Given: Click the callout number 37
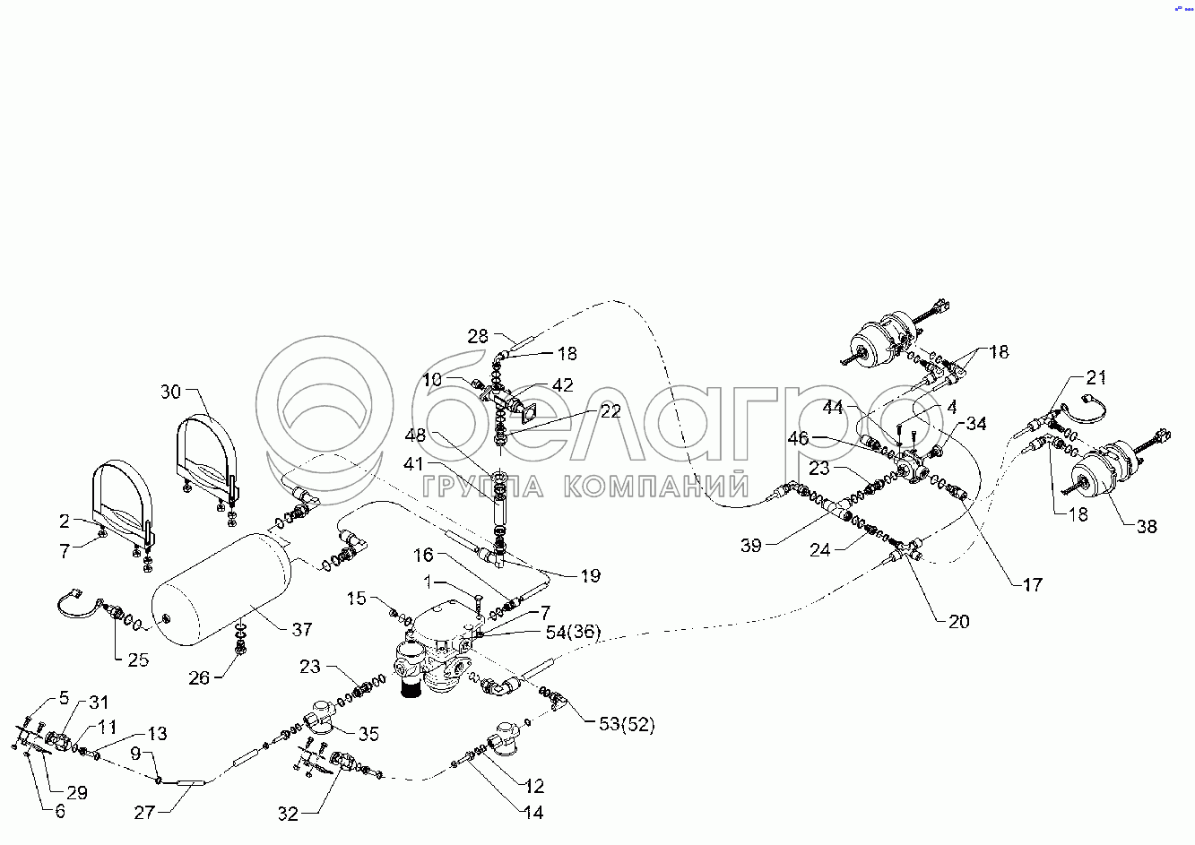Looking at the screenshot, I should [x=302, y=630].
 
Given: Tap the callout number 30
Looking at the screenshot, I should [x=171, y=392].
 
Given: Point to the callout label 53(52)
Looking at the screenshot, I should [x=627, y=725].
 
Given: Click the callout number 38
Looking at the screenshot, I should [x=1147, y=527].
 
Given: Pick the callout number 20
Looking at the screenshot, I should [x=958, y=621].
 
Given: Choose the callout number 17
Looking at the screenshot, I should [x=1032, y=584].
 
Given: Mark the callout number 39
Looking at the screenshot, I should [x=751, y=545].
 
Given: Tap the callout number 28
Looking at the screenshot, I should [x=478, y=336].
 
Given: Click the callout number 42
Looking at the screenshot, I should [x=562, y=385].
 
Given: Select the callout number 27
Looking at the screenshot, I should [x=144, y=813].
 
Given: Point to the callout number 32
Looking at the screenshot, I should [x=288, y=814].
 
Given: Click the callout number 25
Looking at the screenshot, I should [x=137, y=660].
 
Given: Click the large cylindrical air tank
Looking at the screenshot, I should [x=220, y=589].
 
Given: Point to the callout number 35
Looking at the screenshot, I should [x=368, y=735].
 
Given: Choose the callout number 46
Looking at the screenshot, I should [x=798, y=439].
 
